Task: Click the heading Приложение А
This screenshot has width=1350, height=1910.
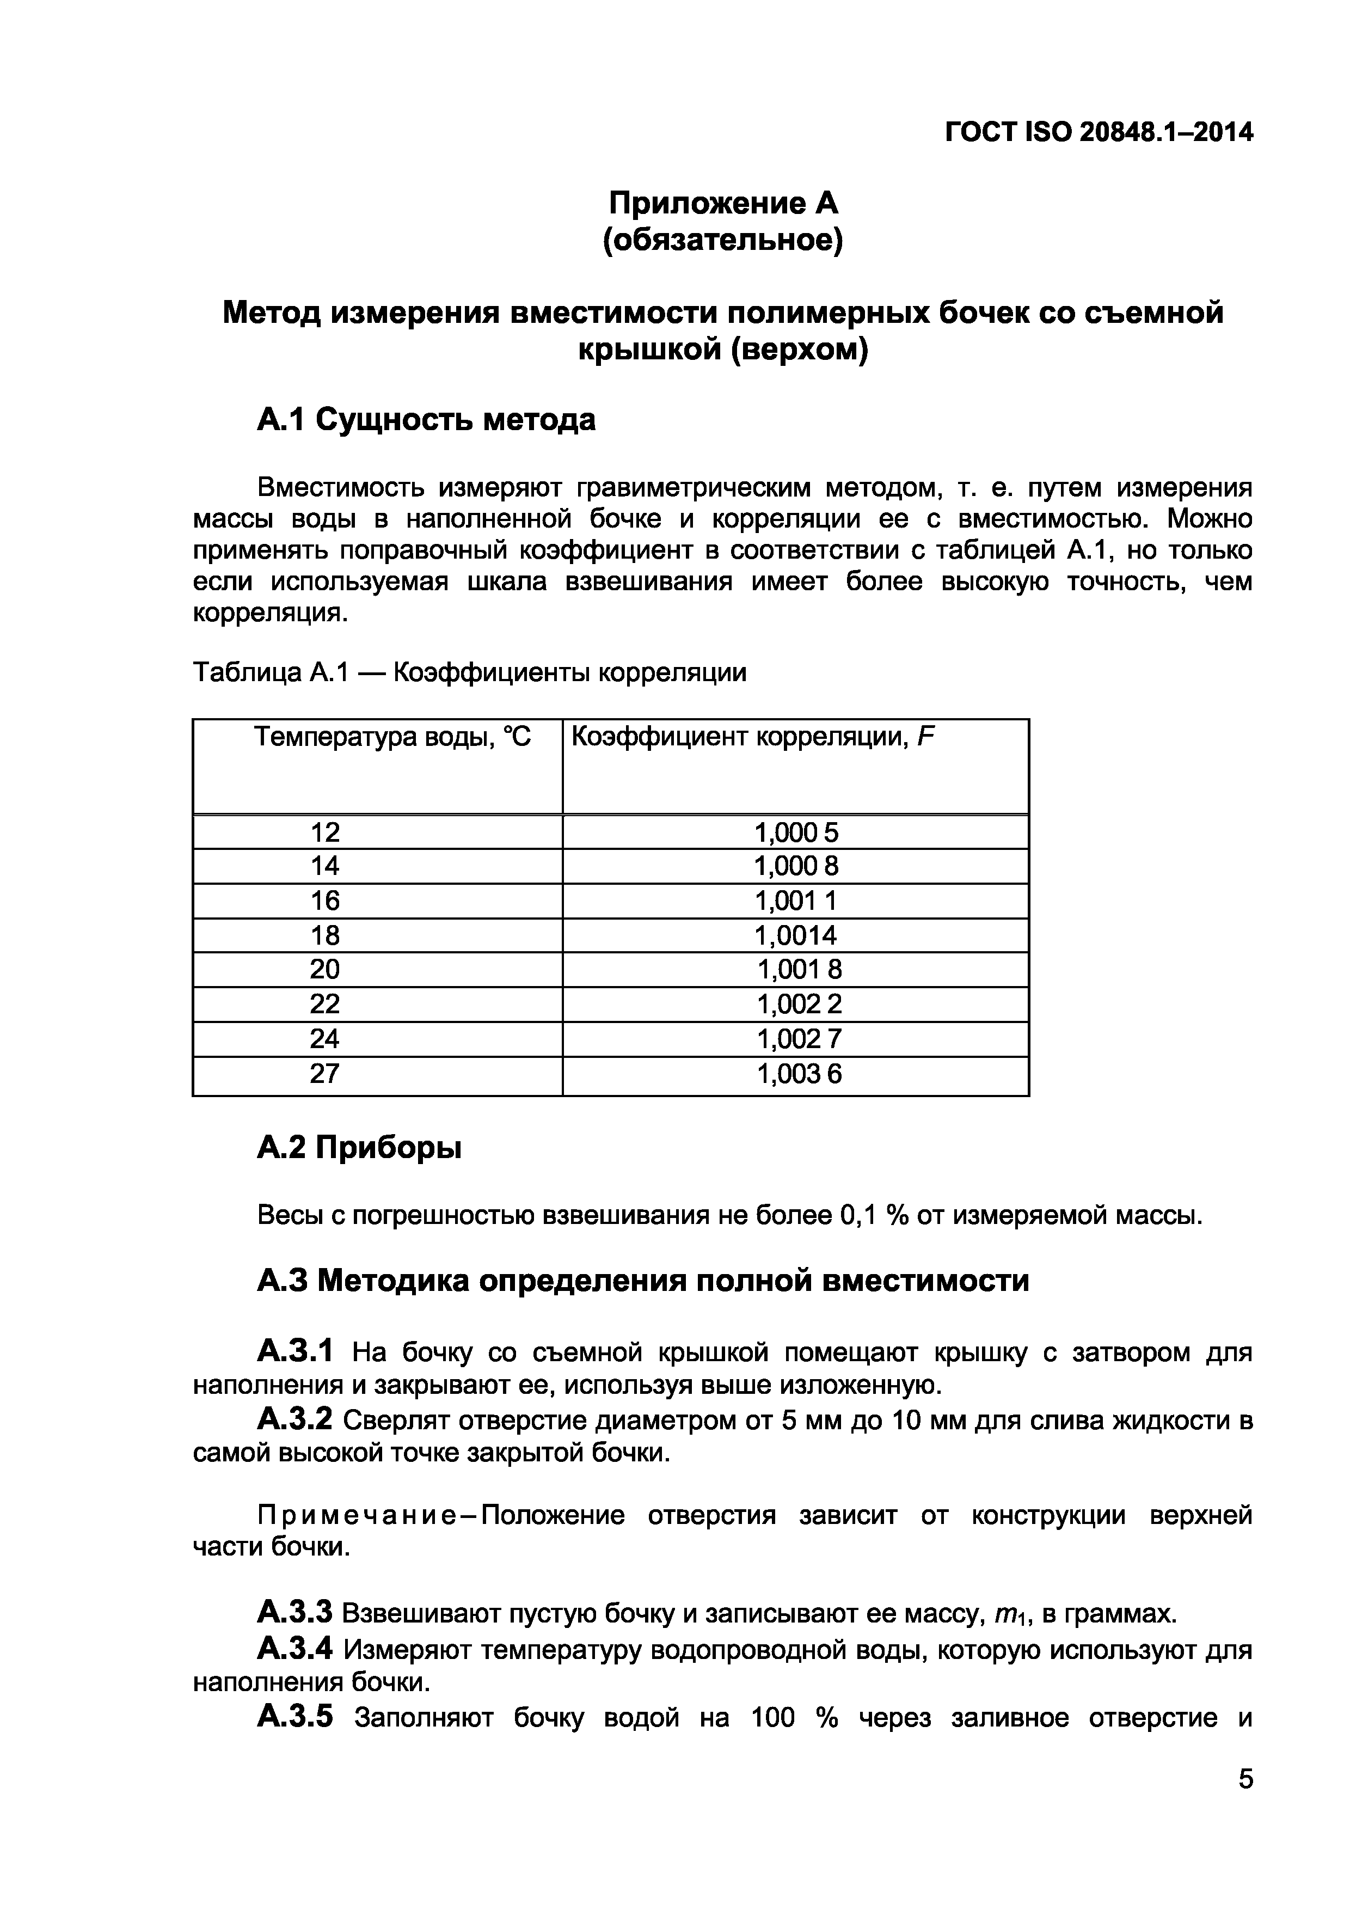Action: click(723, 203)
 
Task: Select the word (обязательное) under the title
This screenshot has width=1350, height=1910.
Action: click(723, 241)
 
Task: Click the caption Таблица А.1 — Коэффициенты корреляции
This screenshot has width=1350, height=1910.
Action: click(469, 672)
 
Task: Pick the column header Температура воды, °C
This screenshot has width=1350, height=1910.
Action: click(392, 737)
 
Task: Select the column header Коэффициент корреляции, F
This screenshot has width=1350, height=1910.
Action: click(753, 737)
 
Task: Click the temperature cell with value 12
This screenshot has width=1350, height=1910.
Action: click(324, 832)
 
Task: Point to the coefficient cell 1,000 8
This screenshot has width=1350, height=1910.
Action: click(796, 866)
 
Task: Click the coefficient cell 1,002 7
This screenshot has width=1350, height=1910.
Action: click(799, 1038)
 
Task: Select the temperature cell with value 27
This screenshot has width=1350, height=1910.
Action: click(324, 1073)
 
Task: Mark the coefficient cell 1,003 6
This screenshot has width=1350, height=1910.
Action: click(799, 1074)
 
